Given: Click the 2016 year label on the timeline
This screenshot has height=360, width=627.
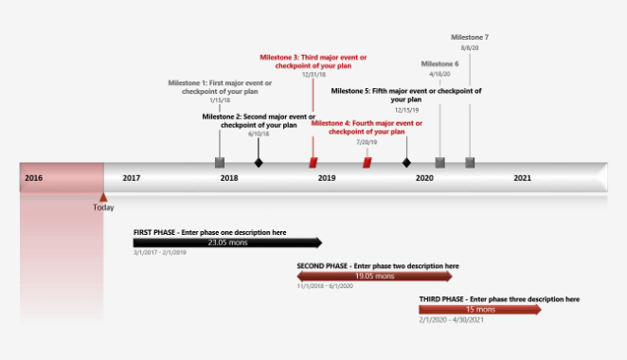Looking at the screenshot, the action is (33, 178).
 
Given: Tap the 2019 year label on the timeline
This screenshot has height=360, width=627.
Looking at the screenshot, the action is (327, 178).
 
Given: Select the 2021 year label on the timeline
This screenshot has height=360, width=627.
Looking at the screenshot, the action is (522, 178).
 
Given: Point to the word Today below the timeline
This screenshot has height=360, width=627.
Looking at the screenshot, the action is (104, 208).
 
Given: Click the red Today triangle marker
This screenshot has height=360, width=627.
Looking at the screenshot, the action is (103, 196).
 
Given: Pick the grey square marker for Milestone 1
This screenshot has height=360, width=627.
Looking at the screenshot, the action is (221, 163).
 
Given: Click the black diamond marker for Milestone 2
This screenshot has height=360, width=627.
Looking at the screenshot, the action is (259, 163).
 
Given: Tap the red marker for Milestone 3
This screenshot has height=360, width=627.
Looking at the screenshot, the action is (313, 163).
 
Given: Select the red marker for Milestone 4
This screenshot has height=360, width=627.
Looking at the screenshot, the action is (367, 163).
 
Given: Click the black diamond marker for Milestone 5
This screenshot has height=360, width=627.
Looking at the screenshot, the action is (407, 163).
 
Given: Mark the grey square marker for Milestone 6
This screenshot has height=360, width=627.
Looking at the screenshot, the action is (439, 163).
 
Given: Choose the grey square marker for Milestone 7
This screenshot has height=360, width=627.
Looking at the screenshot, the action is (470, 163).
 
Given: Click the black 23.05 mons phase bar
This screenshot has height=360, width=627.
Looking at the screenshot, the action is (227, 243).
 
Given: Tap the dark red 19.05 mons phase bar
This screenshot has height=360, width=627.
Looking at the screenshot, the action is (375, 277).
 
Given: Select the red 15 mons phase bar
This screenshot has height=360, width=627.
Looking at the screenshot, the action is (480, 310).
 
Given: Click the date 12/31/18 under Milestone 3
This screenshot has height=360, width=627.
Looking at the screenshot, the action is (313, 74).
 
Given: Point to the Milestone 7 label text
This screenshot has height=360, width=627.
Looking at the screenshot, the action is (470, 37).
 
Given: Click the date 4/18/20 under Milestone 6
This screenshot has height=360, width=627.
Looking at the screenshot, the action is (439, 74).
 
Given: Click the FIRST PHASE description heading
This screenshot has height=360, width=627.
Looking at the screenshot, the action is (209, 232).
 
